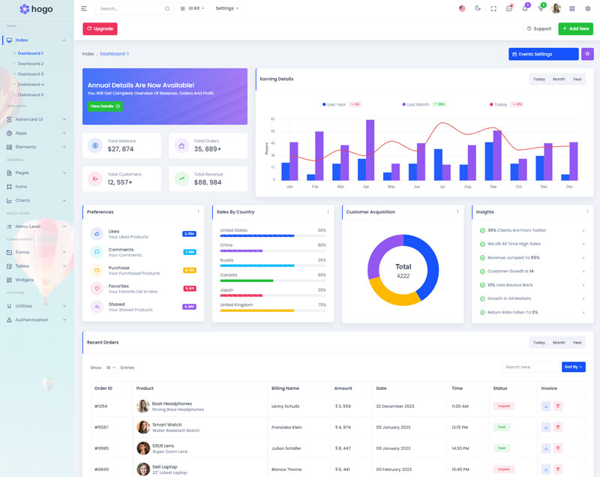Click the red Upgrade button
100,28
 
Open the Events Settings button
543,54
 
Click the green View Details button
105,106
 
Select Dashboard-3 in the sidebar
31,74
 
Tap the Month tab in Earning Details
559,79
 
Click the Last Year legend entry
335,104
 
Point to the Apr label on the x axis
366,186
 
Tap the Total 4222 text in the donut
403,271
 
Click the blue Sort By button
573,367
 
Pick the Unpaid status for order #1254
502,406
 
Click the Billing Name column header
285,388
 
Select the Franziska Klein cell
286,427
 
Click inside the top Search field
130,8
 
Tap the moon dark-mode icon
478,8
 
